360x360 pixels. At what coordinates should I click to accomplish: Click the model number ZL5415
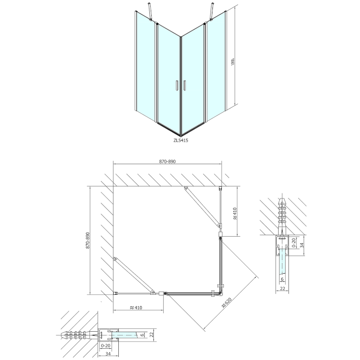[x=180, y=140]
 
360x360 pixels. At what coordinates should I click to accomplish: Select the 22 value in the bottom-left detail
[x=151, y=335]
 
